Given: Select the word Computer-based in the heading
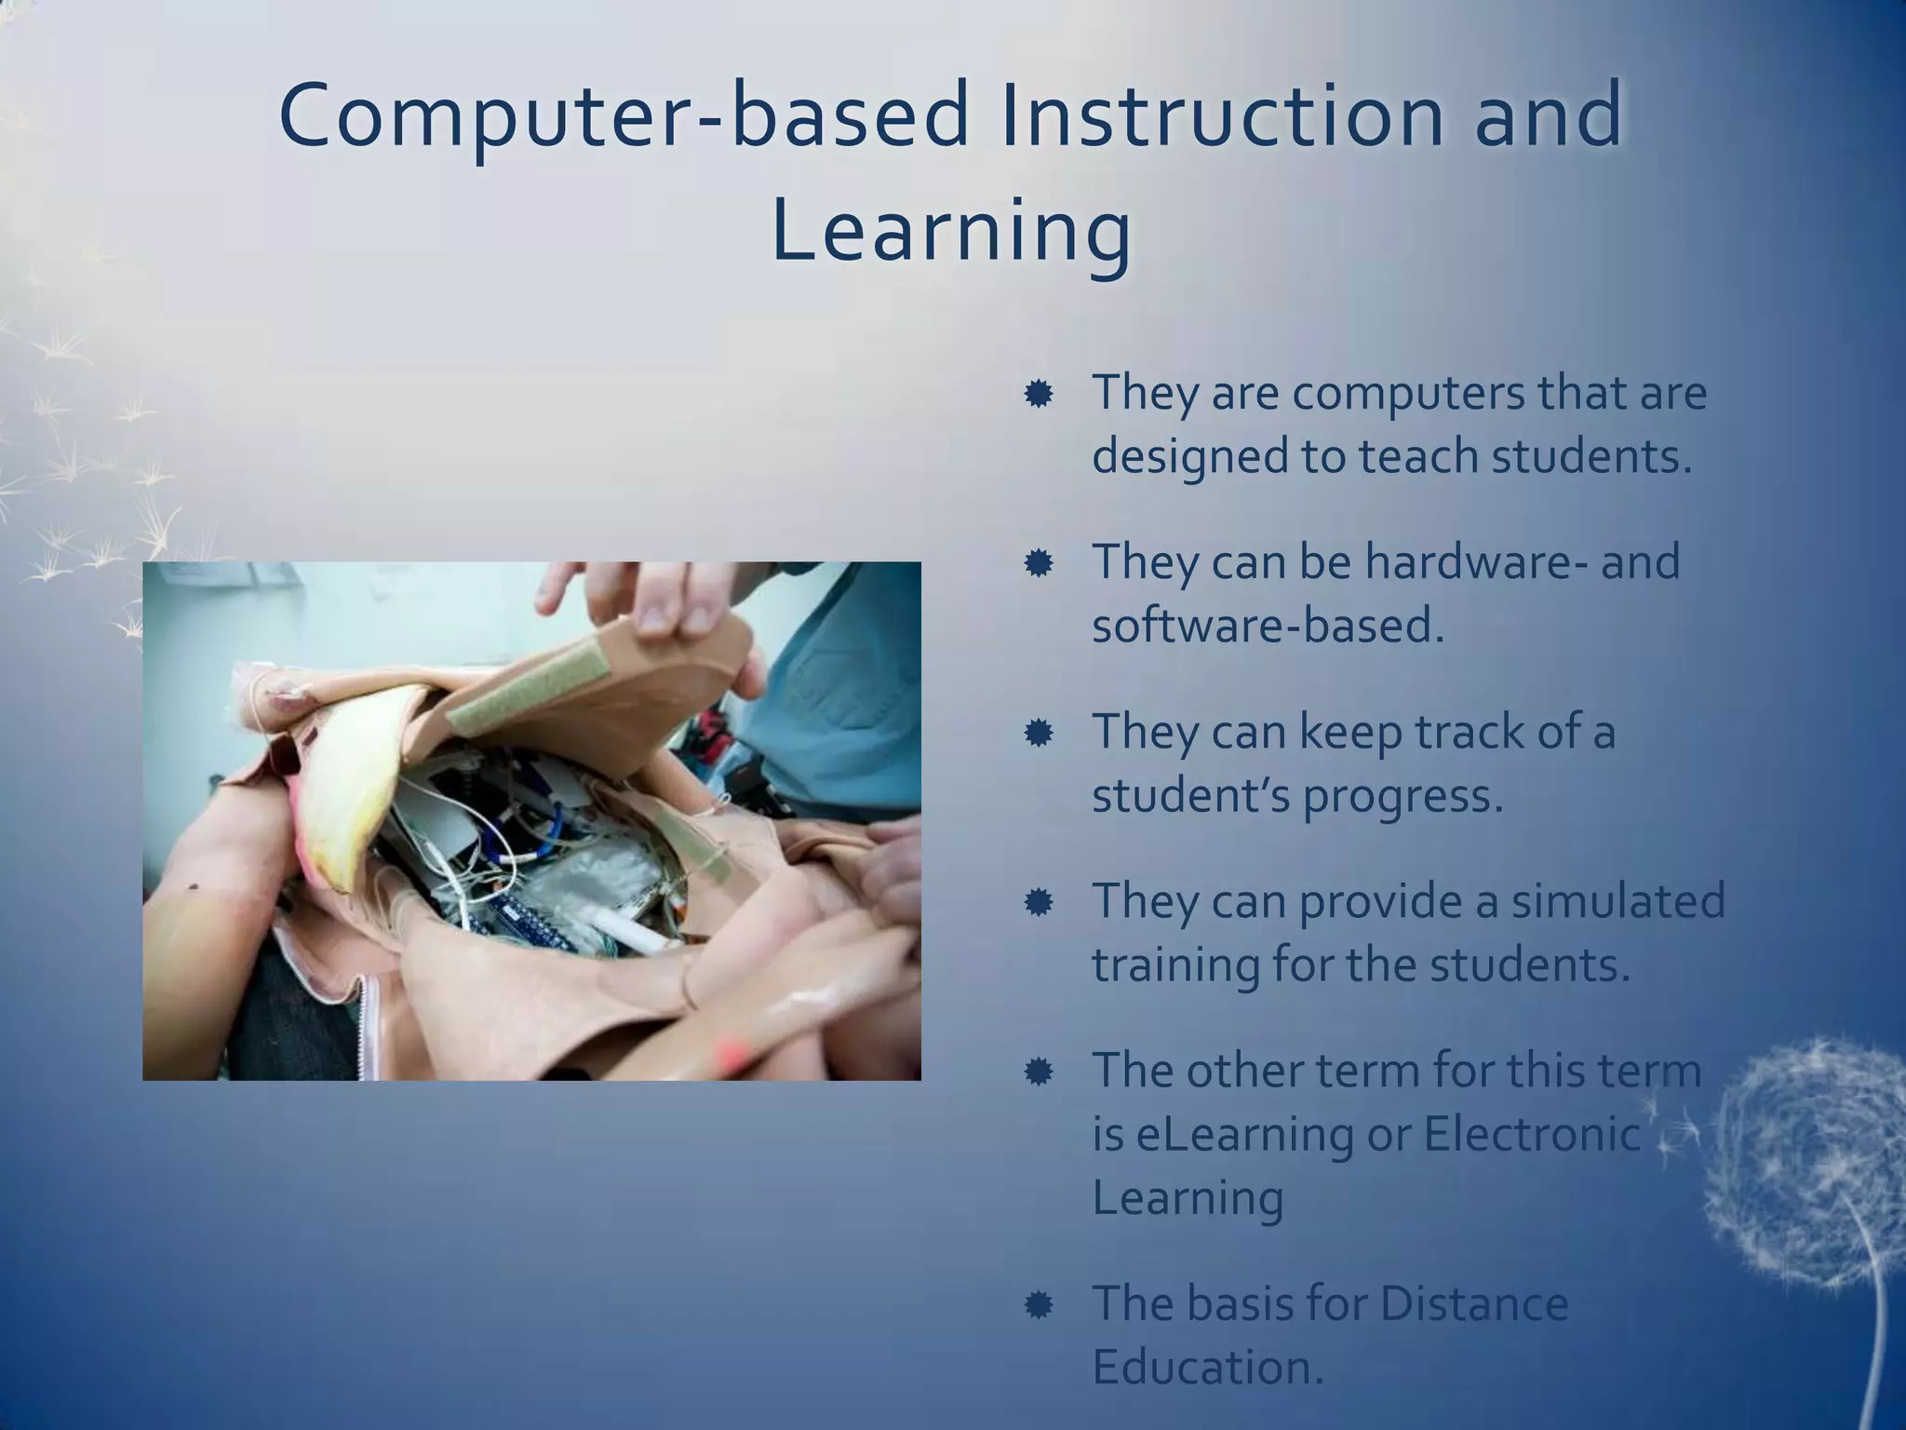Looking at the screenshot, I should pyautogui.click(x=624, y=117).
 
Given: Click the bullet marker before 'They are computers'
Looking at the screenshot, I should pyautogui.click(x=1038, y=395).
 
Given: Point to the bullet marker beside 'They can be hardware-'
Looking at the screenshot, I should pyautogui.click(x=1038, y=563).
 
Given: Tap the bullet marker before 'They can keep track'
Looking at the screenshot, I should pyautogui.click(x=1038, y=734).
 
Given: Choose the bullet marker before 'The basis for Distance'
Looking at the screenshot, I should pyautogui.click(x=1038, y=1305).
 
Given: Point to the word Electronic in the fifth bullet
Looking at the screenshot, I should pyautogui.click(x=1532, y=1134).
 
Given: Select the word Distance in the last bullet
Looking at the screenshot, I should pyautogui.click(x=1474, y=1303).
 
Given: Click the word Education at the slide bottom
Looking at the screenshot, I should pyautogui.click(x=1207, y=1367).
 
